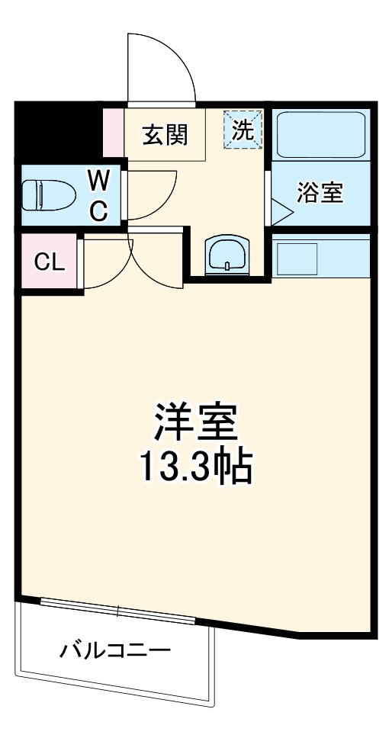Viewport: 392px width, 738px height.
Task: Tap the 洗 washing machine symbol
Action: [243, 129]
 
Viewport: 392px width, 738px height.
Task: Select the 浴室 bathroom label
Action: [320, 194]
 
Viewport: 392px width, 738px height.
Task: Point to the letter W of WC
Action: [98, 181]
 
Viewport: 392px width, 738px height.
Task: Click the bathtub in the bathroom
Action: [321, 135]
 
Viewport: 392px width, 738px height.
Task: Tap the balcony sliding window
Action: [119, 609]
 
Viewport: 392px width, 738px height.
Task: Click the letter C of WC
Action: [98, 210]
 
